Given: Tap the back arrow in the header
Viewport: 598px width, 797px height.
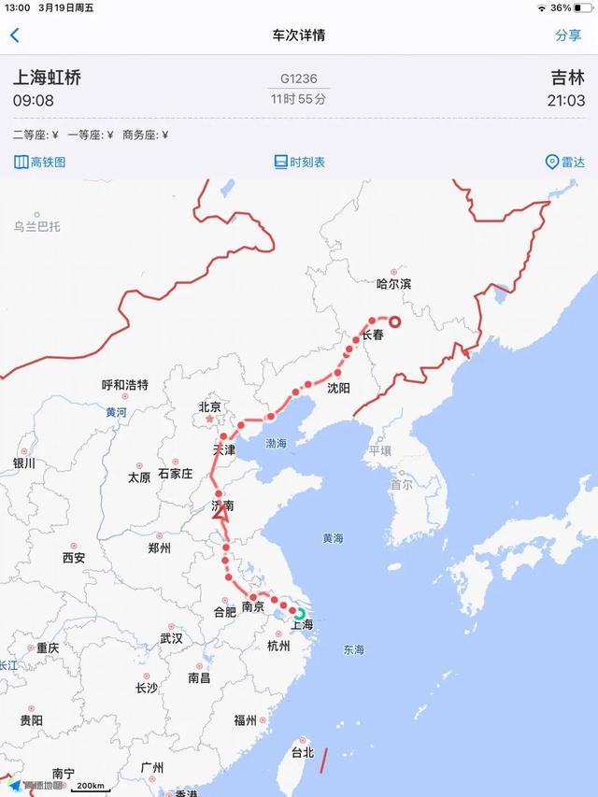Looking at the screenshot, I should (x=14, y=36).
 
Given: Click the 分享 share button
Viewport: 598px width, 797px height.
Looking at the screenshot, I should (x=568, y=36).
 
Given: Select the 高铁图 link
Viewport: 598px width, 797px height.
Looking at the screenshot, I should (x=40, y=162).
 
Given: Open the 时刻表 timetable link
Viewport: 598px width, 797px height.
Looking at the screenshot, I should (x=299, y=162).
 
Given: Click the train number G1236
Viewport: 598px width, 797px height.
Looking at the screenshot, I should (x=299, y=78).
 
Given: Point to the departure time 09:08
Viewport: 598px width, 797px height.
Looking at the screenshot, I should (x=33, y=100).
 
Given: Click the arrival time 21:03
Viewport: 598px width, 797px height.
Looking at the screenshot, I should (x=567, y=100).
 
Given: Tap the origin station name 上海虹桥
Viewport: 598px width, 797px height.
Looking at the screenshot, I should (x=47, y=78).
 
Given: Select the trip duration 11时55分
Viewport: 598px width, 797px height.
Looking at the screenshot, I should (x=299, y=98).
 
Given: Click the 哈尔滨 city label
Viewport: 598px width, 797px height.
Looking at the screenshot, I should (x=393, y=283).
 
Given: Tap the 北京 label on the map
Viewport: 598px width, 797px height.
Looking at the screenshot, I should (x=209, y=406).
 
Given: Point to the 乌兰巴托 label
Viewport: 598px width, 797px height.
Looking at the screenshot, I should (x=36, y=226).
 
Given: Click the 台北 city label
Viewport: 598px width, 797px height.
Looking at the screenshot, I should (x=303, y=752).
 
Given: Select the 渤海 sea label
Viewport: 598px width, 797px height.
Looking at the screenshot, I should (x=277, y=443).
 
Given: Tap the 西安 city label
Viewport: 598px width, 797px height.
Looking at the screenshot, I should (x=74, y=558).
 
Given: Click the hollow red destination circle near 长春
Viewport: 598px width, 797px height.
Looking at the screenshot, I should (x=394, y=322).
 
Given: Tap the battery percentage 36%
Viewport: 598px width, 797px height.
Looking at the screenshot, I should (x=561, y=7).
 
